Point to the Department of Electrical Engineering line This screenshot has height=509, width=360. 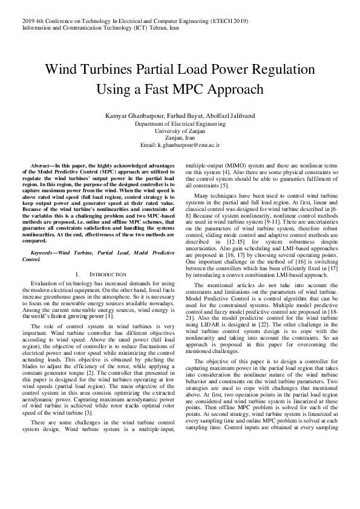pos(180,123)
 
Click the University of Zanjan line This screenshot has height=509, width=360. pos(180,131)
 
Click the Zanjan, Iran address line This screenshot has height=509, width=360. pos(180,138)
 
